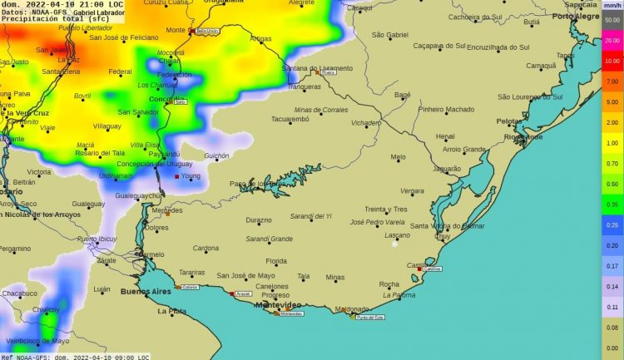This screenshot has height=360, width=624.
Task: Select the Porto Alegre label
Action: pyautogui.click(x=577, y=17)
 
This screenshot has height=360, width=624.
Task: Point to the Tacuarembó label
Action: pyautogui.click(x=290, y=119)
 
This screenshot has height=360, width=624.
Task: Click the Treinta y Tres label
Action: pyautogui.click(x=386, y=210)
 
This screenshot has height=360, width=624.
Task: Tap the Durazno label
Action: pyautogui.click(x=259, y=220)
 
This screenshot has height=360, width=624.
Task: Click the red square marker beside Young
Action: pyautogui.click(x=176, y=176)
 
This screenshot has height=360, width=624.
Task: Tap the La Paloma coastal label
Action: pyautogui.click(x=399, y=295)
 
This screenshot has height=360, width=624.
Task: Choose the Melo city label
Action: pyautogui.click(x=398, y=156)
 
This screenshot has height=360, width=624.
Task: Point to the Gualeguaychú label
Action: pyautogui.click(x=139, y=195)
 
